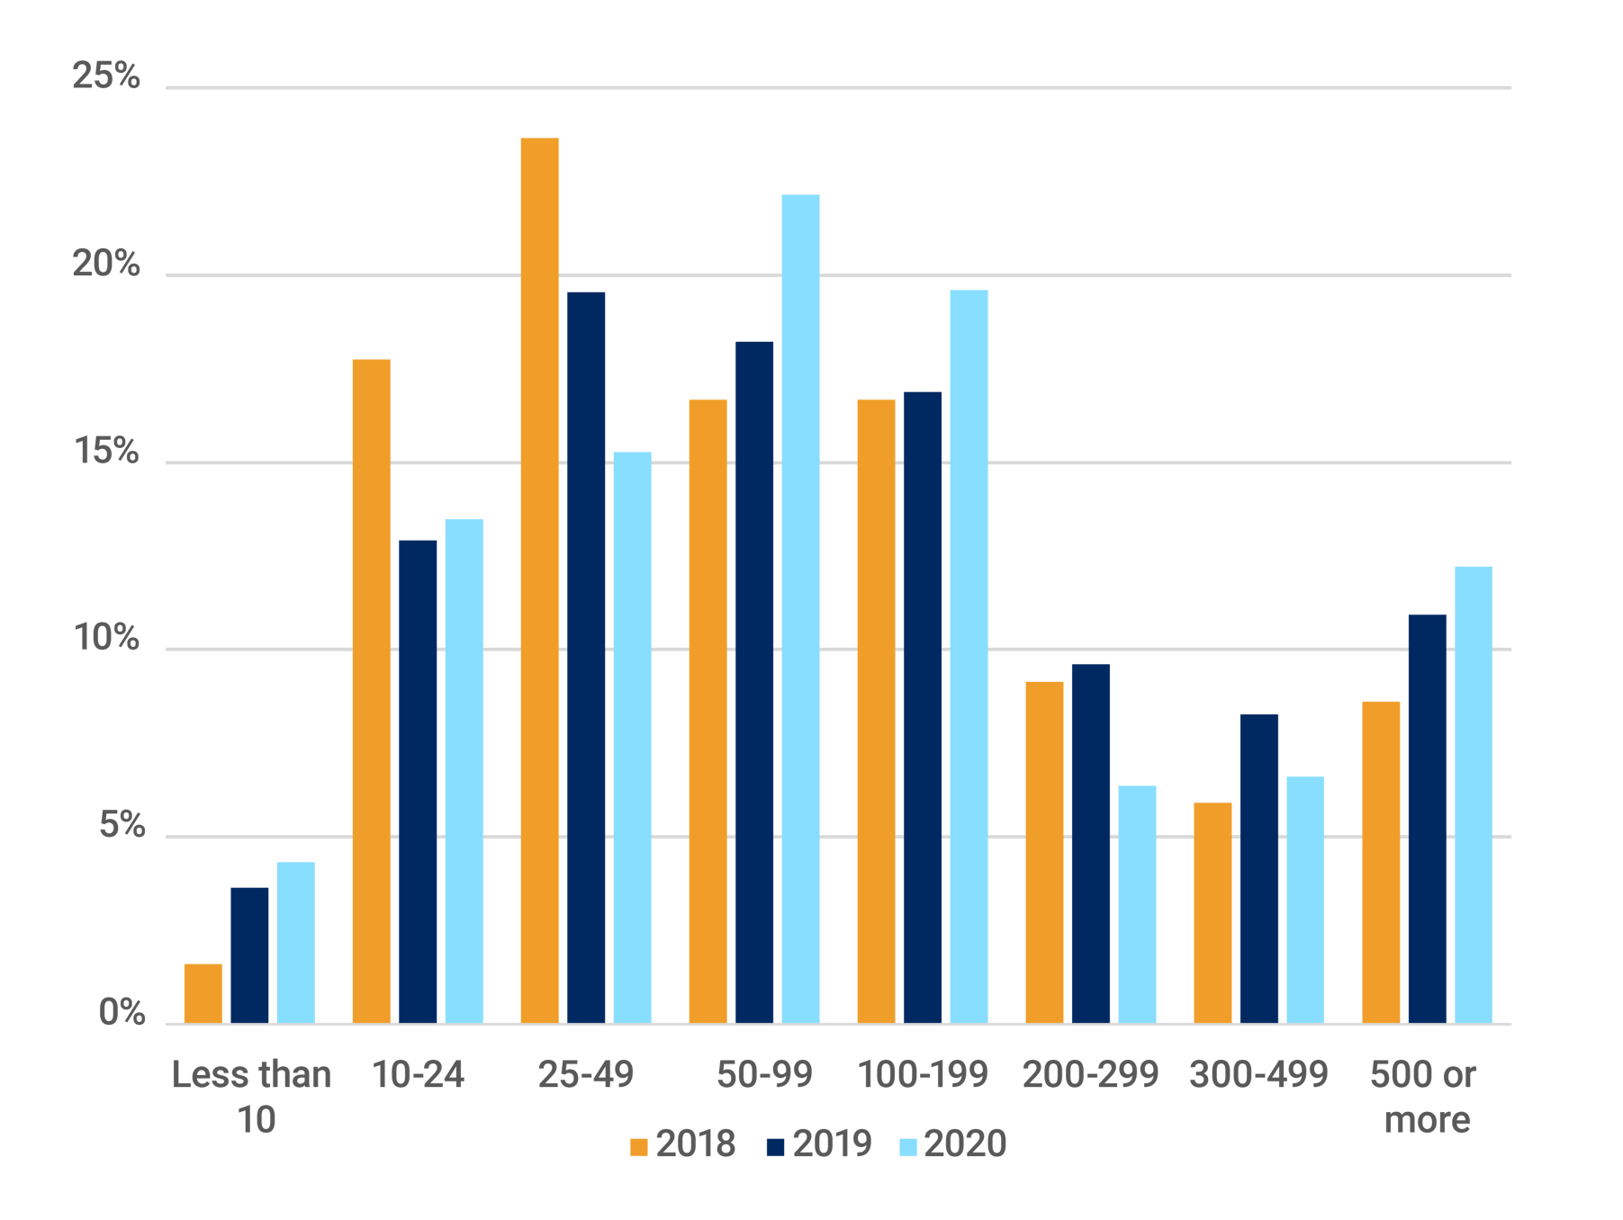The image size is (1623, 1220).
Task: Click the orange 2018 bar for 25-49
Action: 539,580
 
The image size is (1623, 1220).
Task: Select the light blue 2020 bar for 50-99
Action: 800,608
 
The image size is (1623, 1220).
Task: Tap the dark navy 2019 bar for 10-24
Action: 418,781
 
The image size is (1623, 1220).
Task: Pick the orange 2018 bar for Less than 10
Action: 203,993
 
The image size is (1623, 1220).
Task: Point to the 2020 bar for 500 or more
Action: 1473,794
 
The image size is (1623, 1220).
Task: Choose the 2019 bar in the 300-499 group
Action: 1258,867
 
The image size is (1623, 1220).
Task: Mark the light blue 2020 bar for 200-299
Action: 1137,903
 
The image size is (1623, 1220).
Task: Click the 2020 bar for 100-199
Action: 969,656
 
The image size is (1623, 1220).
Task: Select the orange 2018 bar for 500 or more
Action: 1381,861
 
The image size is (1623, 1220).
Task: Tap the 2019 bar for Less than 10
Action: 249,955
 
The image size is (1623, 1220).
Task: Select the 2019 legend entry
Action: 819,1144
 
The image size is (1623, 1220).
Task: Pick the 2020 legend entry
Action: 952,1144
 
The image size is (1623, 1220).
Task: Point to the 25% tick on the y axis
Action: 106,76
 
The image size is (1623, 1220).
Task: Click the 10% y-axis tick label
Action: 106,638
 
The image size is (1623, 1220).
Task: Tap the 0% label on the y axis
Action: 120,1012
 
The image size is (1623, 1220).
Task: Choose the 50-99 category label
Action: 764,1074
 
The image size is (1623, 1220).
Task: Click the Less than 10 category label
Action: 251,1097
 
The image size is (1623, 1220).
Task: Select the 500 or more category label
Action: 1425,1097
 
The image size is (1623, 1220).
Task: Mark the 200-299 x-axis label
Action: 1090,1074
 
